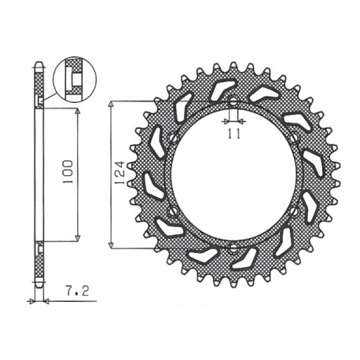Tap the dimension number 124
click(x=119, y=173)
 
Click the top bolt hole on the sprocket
click(x=233, y=101)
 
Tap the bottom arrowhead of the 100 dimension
click(x=78, y=236)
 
